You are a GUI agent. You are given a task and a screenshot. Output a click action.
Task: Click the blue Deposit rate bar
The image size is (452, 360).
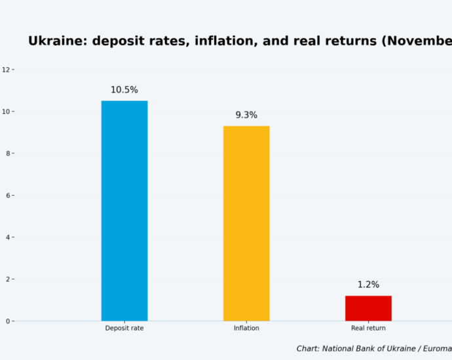coord(124,211)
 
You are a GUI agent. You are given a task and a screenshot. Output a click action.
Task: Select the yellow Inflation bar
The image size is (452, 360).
coord(246,223)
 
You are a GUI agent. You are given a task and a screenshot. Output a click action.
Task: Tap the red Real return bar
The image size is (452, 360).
coord(368,308)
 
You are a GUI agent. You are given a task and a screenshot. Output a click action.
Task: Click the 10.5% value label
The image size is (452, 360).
coord(124,90)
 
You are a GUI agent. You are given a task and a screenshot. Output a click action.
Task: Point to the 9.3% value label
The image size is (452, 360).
coord(246,115)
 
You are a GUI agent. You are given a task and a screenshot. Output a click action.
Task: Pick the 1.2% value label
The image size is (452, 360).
coord(368,285)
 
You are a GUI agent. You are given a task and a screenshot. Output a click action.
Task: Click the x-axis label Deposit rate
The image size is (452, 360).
coord(124,328)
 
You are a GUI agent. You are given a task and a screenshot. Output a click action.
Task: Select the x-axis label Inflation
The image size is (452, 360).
coord(246,328)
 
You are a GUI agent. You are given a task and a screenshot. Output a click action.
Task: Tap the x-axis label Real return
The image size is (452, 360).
coord(368,328)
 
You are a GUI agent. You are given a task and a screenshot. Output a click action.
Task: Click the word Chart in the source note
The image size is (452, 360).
coord(307,349)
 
